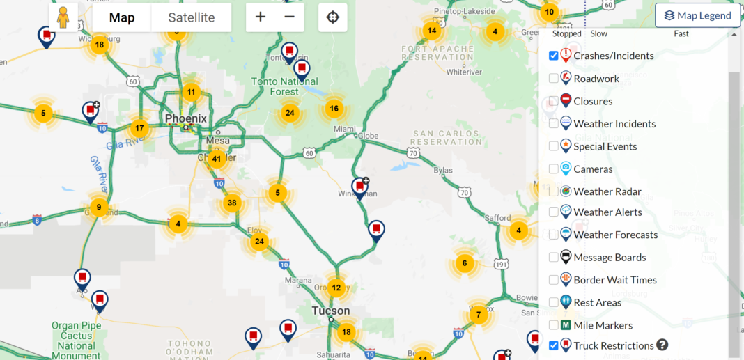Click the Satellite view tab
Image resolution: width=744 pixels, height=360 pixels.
click(x=191, y=17)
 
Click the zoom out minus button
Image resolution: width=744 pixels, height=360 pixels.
click(x=290, y=17)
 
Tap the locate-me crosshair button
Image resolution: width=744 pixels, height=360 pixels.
click(x=333, y=17)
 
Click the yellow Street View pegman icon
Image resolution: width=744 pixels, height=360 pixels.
click(x=63, y=17)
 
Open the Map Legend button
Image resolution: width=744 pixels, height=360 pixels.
click(x=697, y=15)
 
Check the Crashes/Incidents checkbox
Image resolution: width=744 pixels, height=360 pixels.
click(x=554, y=56)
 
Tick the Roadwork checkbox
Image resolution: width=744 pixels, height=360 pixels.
click(x=554, y=79)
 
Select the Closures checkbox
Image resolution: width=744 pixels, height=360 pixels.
click(x=554, y=101)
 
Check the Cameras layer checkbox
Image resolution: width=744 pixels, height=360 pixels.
click(x=554, y=169)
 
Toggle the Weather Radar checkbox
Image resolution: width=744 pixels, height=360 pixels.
click(x=554, y=191)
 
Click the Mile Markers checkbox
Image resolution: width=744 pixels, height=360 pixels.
click(x=554, y=325)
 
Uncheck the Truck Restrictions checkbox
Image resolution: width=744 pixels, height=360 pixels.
click(x=554, y=345)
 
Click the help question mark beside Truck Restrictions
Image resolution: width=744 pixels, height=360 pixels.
click(x=662, y=345)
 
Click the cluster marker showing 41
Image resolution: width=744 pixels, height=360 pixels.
click(x=217, y=159)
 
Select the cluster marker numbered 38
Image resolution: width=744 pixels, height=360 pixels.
click(x=232, y=203)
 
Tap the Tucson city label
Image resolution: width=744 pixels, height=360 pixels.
click(x=330, y=311)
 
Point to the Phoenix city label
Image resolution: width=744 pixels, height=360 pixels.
click(x=186, y=119)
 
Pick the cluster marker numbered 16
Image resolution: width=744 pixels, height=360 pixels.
click(x=334, y=109)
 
